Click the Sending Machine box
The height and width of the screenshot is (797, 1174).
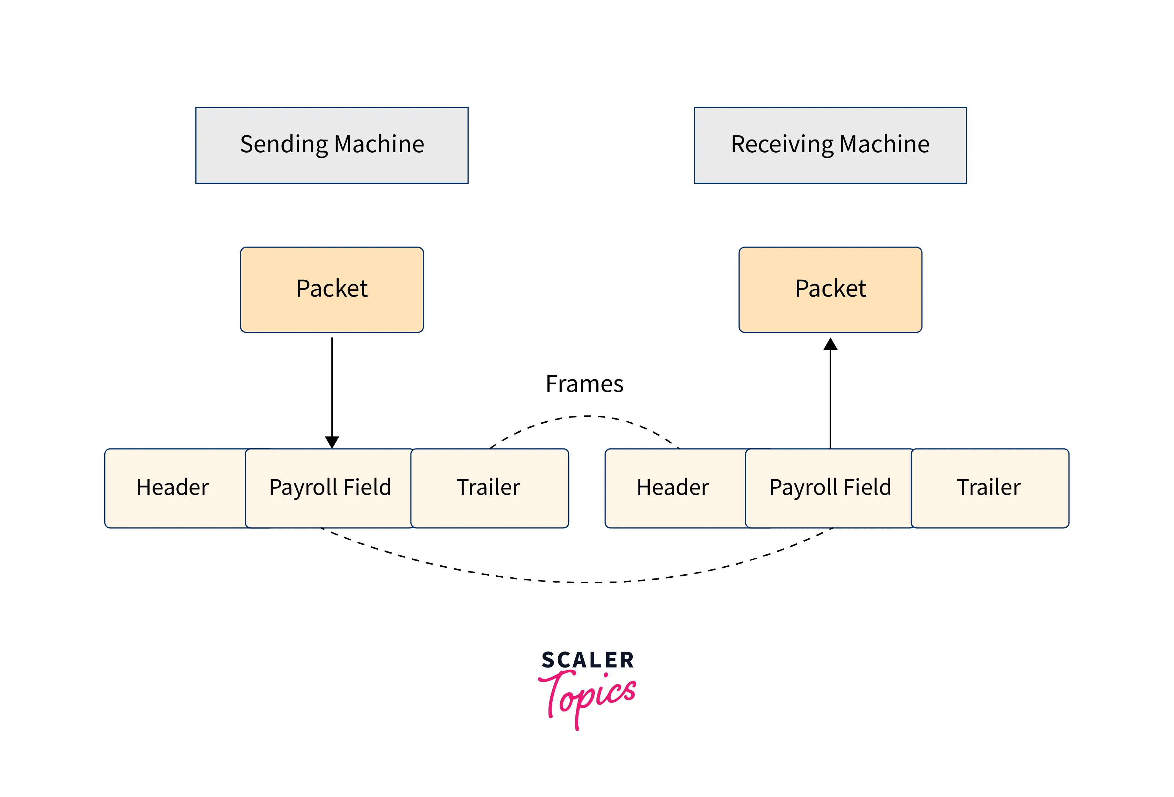[x=332, y=145]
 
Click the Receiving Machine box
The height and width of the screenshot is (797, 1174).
[x=830, y=145]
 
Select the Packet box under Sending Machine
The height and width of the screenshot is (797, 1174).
[x=332, y=290]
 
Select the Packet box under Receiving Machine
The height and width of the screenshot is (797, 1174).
[x=830, y=290]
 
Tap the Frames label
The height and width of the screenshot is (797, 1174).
[x=584, y=384]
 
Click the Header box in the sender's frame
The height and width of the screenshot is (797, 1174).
[x=173, y=488]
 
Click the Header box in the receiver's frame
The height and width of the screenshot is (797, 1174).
[x=673, y=488]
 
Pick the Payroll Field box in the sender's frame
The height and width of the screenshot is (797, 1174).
[x=330, y=488]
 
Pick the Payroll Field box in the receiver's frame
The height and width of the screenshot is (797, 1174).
[x=830, y=488]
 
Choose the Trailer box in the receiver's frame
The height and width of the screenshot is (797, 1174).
[x=989, y=488]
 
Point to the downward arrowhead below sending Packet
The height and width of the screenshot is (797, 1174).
[x=332, y=442]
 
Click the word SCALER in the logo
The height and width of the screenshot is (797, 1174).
[x=588, y=660]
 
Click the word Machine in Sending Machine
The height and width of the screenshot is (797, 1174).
[x=379, y=145]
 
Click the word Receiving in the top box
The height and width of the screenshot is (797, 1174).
[x=783, y=145]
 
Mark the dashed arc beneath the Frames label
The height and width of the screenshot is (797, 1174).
[x=586, y=416]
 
